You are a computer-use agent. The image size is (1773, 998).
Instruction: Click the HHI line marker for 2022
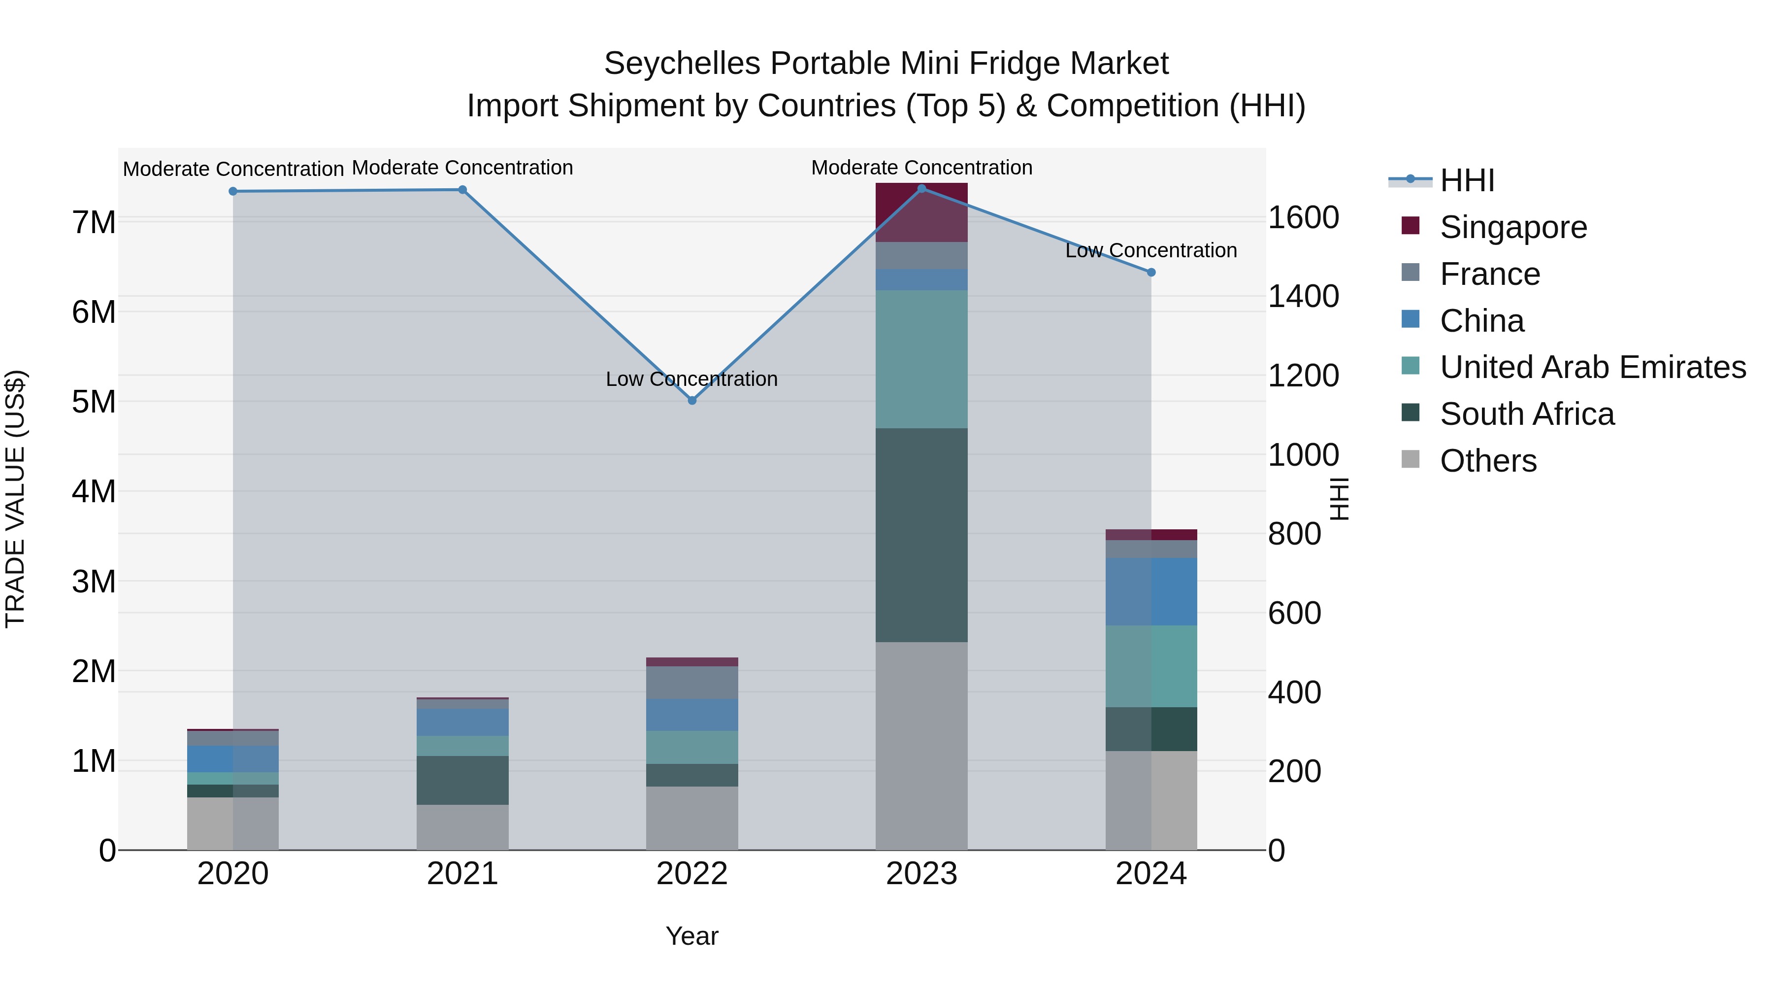click(x=692, y=400)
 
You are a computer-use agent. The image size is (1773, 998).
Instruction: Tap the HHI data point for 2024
click(x=1151, y=272)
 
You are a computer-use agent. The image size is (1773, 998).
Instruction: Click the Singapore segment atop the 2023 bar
click(x=921, y=212)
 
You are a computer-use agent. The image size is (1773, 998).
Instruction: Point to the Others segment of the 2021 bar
click(x=462, y=826)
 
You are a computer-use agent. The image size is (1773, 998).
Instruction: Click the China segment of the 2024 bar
click(x=1151, y=591)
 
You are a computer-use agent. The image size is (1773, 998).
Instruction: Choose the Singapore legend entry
click(x=1513, y=227)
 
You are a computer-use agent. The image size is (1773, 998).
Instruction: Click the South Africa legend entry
click(x=1527, y=414)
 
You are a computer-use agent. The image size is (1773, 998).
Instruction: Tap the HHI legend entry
click(x=1466, y=180)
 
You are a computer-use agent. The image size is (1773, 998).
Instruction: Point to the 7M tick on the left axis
click(x=94, y=222)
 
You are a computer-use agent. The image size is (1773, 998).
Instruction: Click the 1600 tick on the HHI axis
click(x=1303, y=218)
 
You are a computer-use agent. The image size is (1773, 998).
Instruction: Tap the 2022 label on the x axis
click(x=692, y=874)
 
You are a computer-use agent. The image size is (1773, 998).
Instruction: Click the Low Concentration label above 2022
click(x=692, y=379)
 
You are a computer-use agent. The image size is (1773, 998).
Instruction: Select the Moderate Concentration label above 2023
click(x=921, y=168)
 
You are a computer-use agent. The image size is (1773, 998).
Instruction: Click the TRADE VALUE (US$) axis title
click(x=15, y=499)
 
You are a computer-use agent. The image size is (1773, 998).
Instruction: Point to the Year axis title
click(x=692, y=936)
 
